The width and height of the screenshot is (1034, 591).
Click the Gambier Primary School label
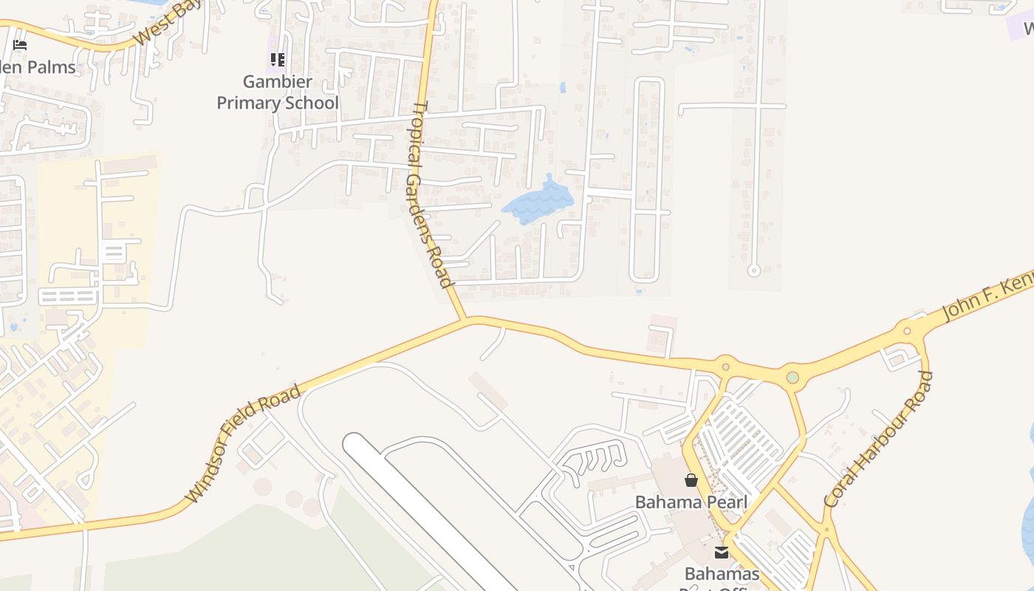(278, 92)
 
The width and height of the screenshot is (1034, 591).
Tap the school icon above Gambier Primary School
(278, 60)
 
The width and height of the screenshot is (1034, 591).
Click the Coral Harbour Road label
(879, 440)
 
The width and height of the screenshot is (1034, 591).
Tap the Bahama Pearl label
(691, 502)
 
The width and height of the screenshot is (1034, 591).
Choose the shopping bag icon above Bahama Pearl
(691, 481)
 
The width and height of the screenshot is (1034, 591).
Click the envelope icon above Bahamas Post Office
(722, 553)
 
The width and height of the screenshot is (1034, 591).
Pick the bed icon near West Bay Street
(20, 45)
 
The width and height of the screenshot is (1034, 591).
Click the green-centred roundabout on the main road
(792, 378)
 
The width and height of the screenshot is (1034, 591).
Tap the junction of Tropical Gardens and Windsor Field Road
(465, 320)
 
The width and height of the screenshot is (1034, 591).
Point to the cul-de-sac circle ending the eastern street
(754, 271)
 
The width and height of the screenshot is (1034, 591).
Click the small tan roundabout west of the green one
(726, 366)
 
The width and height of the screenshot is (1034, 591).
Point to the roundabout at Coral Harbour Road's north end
(908, 329)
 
